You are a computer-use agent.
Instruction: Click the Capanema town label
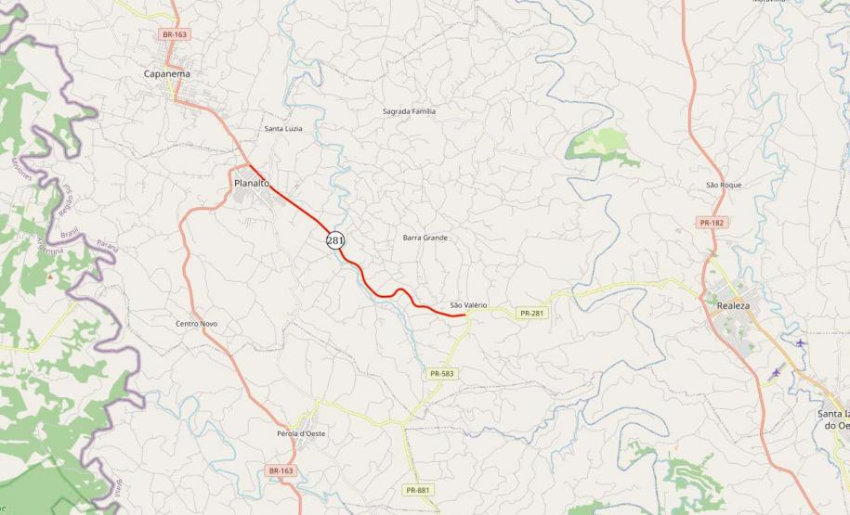[167, 73]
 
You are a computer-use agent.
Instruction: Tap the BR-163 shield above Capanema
[175, 34]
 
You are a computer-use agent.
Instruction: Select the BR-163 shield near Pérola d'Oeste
[281, 470]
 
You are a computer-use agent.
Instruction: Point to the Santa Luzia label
[283, 128]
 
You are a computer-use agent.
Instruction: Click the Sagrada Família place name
[409, 111]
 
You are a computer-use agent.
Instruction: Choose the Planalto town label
[252, 183]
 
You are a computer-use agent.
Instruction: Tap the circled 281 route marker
[335, 240]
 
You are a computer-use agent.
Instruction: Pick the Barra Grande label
[425, 238]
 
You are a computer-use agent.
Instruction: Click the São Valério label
[468, 304]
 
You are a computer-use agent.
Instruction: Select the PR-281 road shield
[532, 313]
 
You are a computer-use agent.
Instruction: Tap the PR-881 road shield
[418, 489]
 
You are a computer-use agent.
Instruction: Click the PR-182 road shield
[712, 223]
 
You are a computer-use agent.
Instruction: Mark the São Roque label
[724, 185]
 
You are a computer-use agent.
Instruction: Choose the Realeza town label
[733, 304]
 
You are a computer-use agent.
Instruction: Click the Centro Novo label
[196, 323]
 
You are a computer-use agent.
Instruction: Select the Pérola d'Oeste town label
[301, 433]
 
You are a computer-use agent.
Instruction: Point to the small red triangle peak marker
[50, 277]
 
